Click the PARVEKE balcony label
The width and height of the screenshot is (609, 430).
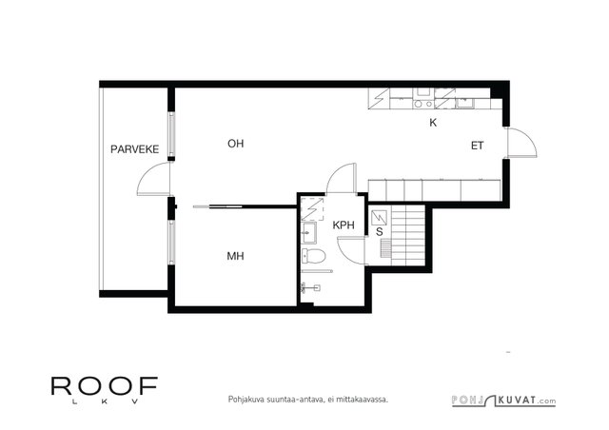click(x=135, y=149)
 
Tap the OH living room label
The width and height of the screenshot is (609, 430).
click(x=236, y=144)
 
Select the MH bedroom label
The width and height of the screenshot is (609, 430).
click(x=235, y=256)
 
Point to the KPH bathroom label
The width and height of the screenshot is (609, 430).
click(x=344, y=225)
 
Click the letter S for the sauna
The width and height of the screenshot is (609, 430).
click(x=380, y=232)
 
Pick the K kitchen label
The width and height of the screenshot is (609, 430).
click(x=433, y=123)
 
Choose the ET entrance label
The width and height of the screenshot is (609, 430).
click(x=478, y=146)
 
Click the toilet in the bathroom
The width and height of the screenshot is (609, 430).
click(x=313, y=255)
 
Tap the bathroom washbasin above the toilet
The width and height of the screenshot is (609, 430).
click(x=308, y=233)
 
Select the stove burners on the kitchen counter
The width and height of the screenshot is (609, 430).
click(x=423, y=104)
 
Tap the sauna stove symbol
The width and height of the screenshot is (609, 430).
click(x=379, y=218)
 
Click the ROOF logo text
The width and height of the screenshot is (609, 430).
click(x=105, y=385)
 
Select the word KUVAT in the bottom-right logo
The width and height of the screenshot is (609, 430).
click(x=518, y=400)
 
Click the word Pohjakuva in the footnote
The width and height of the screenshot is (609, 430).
click(x=242, y=400)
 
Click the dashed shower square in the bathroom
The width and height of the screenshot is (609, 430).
click(x=312, y=208)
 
